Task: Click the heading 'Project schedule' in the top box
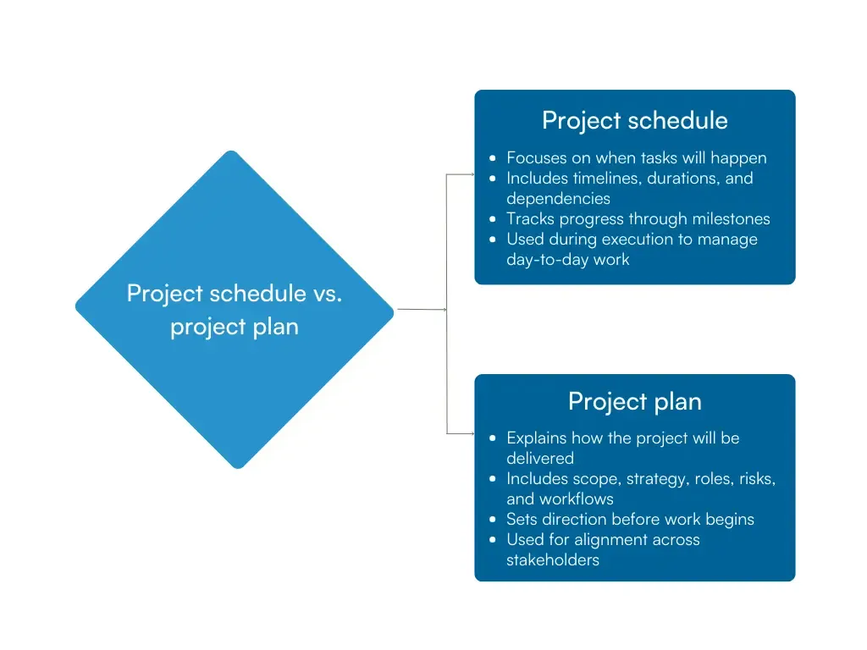point(634,121)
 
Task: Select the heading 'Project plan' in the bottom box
point(634,401)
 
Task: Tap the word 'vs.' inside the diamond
point(325,294)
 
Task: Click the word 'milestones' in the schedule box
point(728,219)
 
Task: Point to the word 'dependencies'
point(558,199)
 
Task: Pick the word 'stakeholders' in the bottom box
point(552,560)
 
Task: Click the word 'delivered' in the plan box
point(539,459)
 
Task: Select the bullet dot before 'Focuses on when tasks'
point(494,158)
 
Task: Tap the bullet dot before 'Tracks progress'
point(494,219)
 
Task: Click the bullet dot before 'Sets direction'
point(494,520)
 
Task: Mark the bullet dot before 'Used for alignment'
point(494,540)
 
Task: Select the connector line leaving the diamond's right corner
point(421,310)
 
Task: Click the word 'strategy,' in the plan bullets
point(658,479)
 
